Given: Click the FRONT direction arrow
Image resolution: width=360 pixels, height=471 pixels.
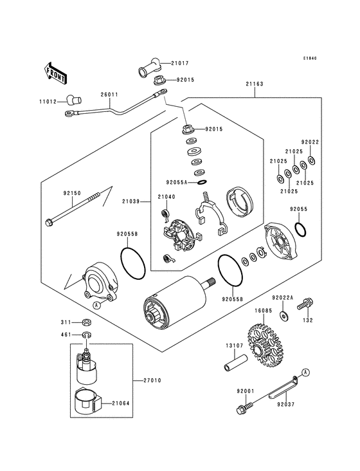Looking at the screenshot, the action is (x=55, y=73).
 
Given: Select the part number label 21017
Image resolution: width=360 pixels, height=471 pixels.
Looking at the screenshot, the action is (x=180, y=64).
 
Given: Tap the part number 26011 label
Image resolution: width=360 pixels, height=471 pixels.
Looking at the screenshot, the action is (x=109, y=95).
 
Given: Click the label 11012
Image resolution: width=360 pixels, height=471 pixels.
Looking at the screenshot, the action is (x=48, y=102).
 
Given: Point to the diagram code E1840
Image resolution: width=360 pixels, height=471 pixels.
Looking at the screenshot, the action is (x=310, y=58).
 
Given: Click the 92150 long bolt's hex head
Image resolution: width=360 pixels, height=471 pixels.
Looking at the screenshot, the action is (x=48, y=223).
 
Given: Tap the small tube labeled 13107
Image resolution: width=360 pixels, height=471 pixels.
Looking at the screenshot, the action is (x=236, y=363).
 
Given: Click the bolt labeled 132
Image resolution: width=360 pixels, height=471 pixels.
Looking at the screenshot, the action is (x=305, y=304).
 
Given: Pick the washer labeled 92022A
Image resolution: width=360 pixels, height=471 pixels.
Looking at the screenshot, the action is (x=283, y=315).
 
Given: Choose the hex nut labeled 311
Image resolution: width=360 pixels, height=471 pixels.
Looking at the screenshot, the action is (x=87, y=322).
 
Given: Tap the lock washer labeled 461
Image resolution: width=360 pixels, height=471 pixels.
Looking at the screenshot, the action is (x=87, y=334).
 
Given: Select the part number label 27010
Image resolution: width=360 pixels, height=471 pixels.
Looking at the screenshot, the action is (x=152, y=380).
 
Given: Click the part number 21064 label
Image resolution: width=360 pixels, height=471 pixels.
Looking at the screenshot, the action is (x=121, y=403).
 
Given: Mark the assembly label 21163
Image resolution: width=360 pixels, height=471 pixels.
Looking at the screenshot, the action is (x=255, y=84).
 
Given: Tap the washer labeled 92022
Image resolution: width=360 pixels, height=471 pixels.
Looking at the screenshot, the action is (x=311, y=160).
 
